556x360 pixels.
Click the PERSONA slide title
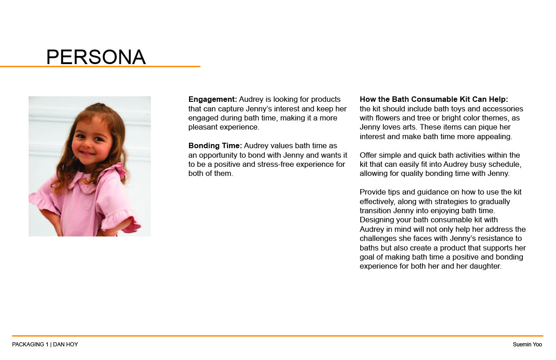point(96,57)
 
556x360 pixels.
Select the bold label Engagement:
point(213,99)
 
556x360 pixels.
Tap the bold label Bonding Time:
point(215,145)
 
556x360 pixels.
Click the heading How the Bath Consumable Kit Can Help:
point(434,99)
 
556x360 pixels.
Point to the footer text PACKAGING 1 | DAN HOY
point(45,345)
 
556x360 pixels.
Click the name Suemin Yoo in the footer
point(527,345)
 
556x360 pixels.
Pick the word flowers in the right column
point(389,118)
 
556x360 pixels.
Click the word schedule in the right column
point(506,164)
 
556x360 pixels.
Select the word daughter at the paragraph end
point(484,266)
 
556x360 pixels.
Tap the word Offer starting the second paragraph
point(368,155)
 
